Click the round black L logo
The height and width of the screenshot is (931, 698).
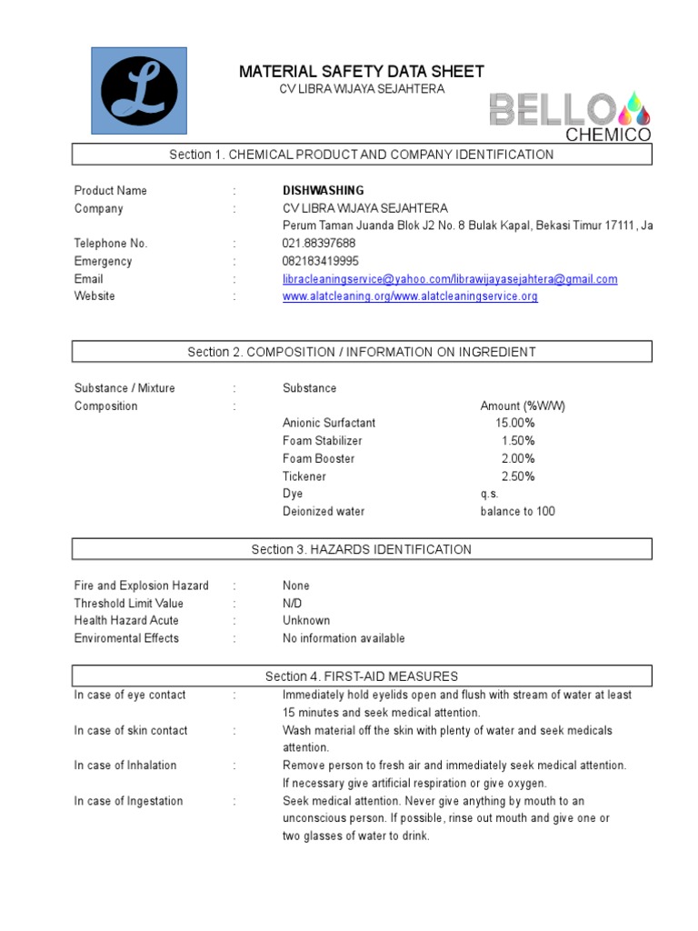[x=139, y=90]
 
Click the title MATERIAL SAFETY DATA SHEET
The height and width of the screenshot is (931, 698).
[x=361, y=72]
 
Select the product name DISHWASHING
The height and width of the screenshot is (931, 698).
[x=323, y=191]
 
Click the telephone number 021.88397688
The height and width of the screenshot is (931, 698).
[x=319, y=244]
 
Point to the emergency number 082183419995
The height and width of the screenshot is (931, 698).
[x=321, y=262]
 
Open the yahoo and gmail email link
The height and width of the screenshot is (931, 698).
[x=450, y=279]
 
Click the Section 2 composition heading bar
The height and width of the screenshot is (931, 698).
[x=362, y=352]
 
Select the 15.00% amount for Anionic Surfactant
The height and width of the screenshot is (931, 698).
[x=514, y=424]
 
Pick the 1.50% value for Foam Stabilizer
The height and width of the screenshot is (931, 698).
[x=518, y=441]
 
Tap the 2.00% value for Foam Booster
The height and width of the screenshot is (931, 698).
[x=518, y=459]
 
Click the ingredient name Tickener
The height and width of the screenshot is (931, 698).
[x=304, y=476]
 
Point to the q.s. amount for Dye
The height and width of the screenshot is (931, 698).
[x=489, y=494]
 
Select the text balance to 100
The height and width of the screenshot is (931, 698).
[x=517, y=512]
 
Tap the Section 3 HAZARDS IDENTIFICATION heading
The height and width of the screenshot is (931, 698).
[x=362, y=549]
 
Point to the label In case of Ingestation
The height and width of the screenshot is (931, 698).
[x=128, y=801]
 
